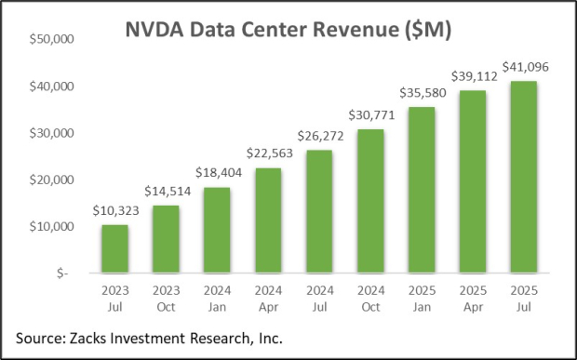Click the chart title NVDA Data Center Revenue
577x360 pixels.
[288, 30]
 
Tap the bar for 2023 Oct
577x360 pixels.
[167, 239]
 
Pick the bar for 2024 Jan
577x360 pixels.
[218, 231]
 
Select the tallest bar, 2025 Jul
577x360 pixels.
[522, 177]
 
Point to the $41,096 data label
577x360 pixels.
[522, 67]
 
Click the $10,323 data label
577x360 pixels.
[115, 212]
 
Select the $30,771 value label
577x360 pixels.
[369, 115]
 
